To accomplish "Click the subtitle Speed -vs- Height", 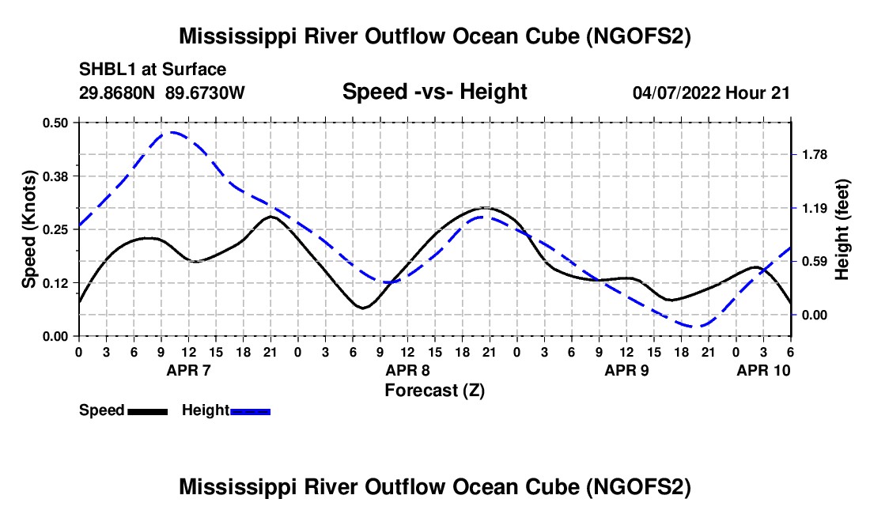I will pos(434,93).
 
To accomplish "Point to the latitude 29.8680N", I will pos(119,93).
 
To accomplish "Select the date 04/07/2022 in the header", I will pos(676,93).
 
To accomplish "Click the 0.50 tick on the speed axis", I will pos(55,123).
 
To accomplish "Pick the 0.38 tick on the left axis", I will pos(55,176).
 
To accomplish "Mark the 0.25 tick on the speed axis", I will pos(55,229).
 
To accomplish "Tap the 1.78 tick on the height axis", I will pos(814,154).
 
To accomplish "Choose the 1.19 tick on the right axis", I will pos(814,208).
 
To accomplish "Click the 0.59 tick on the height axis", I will pos(814,261).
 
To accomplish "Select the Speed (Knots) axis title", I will pos(28,229).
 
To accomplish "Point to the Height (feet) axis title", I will pos(842,229).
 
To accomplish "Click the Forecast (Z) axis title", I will pos(434,391).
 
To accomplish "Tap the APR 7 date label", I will pos(188,370).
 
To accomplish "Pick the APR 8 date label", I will pos(407,370).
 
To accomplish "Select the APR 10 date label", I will pos(763,370).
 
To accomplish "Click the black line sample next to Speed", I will pos(147,411).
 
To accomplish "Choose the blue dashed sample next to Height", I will pos(251,411).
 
